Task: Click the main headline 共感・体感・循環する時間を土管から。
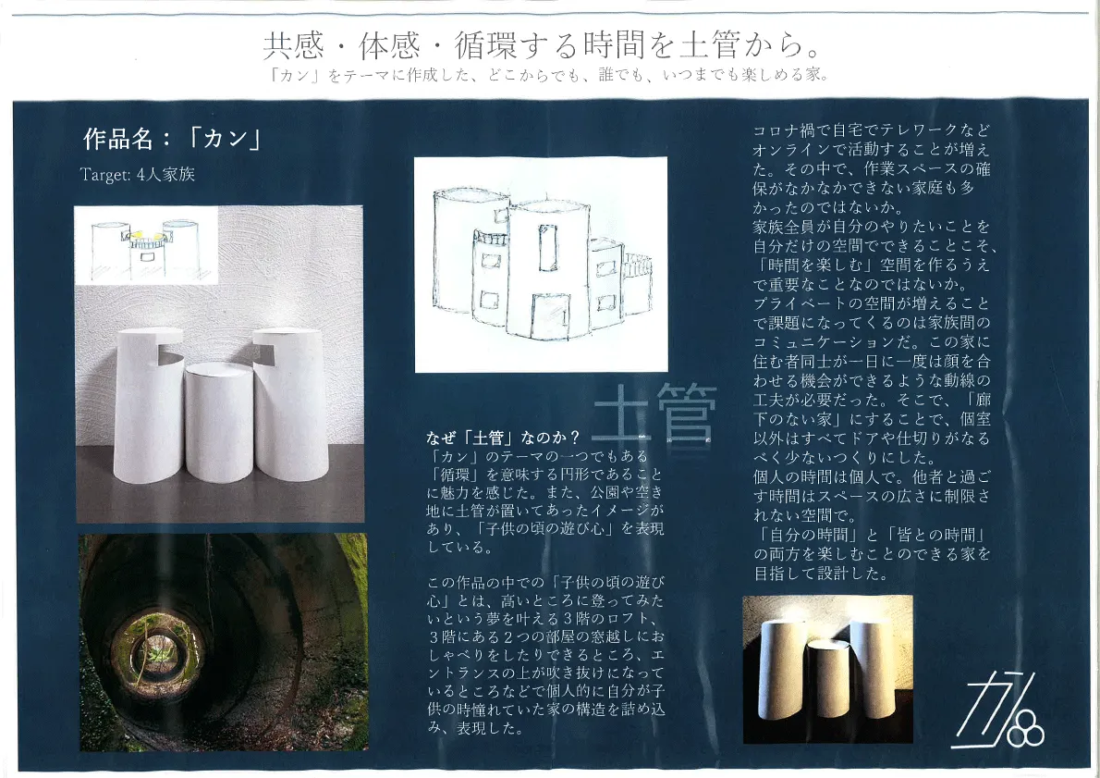pyautogui.click(x=542, y=45)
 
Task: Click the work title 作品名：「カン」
pyautogui.click(x=173, y=139)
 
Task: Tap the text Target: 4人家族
pyautogui.click(x=138, y=174)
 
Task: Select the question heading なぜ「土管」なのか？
pyautogui.click(x=503, y=438)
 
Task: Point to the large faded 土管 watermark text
pyautogui.click(x=654, y=413)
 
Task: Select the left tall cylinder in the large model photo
pyautogui.click(x=149, y=405)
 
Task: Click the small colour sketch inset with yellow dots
pyautogui.click(x=146, y=245)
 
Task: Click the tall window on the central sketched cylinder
pyautogui.click(x=547, y=247)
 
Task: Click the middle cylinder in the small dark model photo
pyautogui.click(x=828, y=677)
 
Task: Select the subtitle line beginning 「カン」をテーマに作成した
pyautogui.click(x=549, y=74)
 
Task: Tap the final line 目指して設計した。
pyautogui.click(x=822, y=573)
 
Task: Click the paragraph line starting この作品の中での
pyautogui.click(x=545, y=582)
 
